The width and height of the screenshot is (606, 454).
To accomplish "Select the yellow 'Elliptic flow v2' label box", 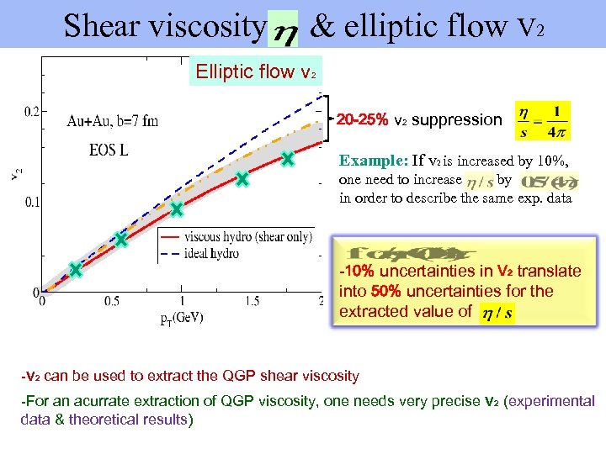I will [255, 71].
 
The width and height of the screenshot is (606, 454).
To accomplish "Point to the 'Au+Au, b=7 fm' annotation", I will [112, 120].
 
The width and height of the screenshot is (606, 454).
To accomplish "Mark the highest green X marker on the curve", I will [287, 158].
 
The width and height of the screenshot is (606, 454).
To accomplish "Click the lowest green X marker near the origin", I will [75, 270].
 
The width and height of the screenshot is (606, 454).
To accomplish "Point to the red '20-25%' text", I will [363, 119].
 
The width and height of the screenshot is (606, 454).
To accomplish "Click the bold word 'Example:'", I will [373, 161].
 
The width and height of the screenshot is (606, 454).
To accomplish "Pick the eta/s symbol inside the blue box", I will [495, 313].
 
